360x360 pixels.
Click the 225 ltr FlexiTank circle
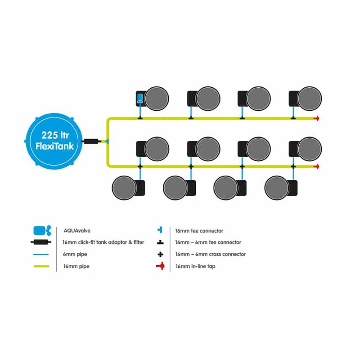coord(54,141)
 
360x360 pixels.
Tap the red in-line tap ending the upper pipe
coord(317,118)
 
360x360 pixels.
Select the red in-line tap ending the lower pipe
coord(317,166)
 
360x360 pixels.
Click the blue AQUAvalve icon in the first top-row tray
coord(139,98)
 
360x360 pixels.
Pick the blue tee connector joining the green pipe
coord(107,141)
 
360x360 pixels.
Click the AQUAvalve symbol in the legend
coord(42,230)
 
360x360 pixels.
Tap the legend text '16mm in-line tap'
coord(195,266)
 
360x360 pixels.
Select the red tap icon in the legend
coord(161,266)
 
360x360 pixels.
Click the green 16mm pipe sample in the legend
coord(41,266)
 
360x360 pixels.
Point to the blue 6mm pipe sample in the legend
coord(41,254)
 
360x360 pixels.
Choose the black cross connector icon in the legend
coord(161,254)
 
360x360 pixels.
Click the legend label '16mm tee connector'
coord(199,231)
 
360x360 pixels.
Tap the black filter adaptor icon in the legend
coord(41,242)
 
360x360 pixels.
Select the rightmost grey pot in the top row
coord(309,99)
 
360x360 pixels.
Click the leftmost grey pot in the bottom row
coord(124,188)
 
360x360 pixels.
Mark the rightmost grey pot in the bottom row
coord(276,188)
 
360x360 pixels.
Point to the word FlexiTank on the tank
coord(54,146)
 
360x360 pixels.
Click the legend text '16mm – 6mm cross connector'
coord(211,254)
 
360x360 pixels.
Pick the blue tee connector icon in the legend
coord(160,229)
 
